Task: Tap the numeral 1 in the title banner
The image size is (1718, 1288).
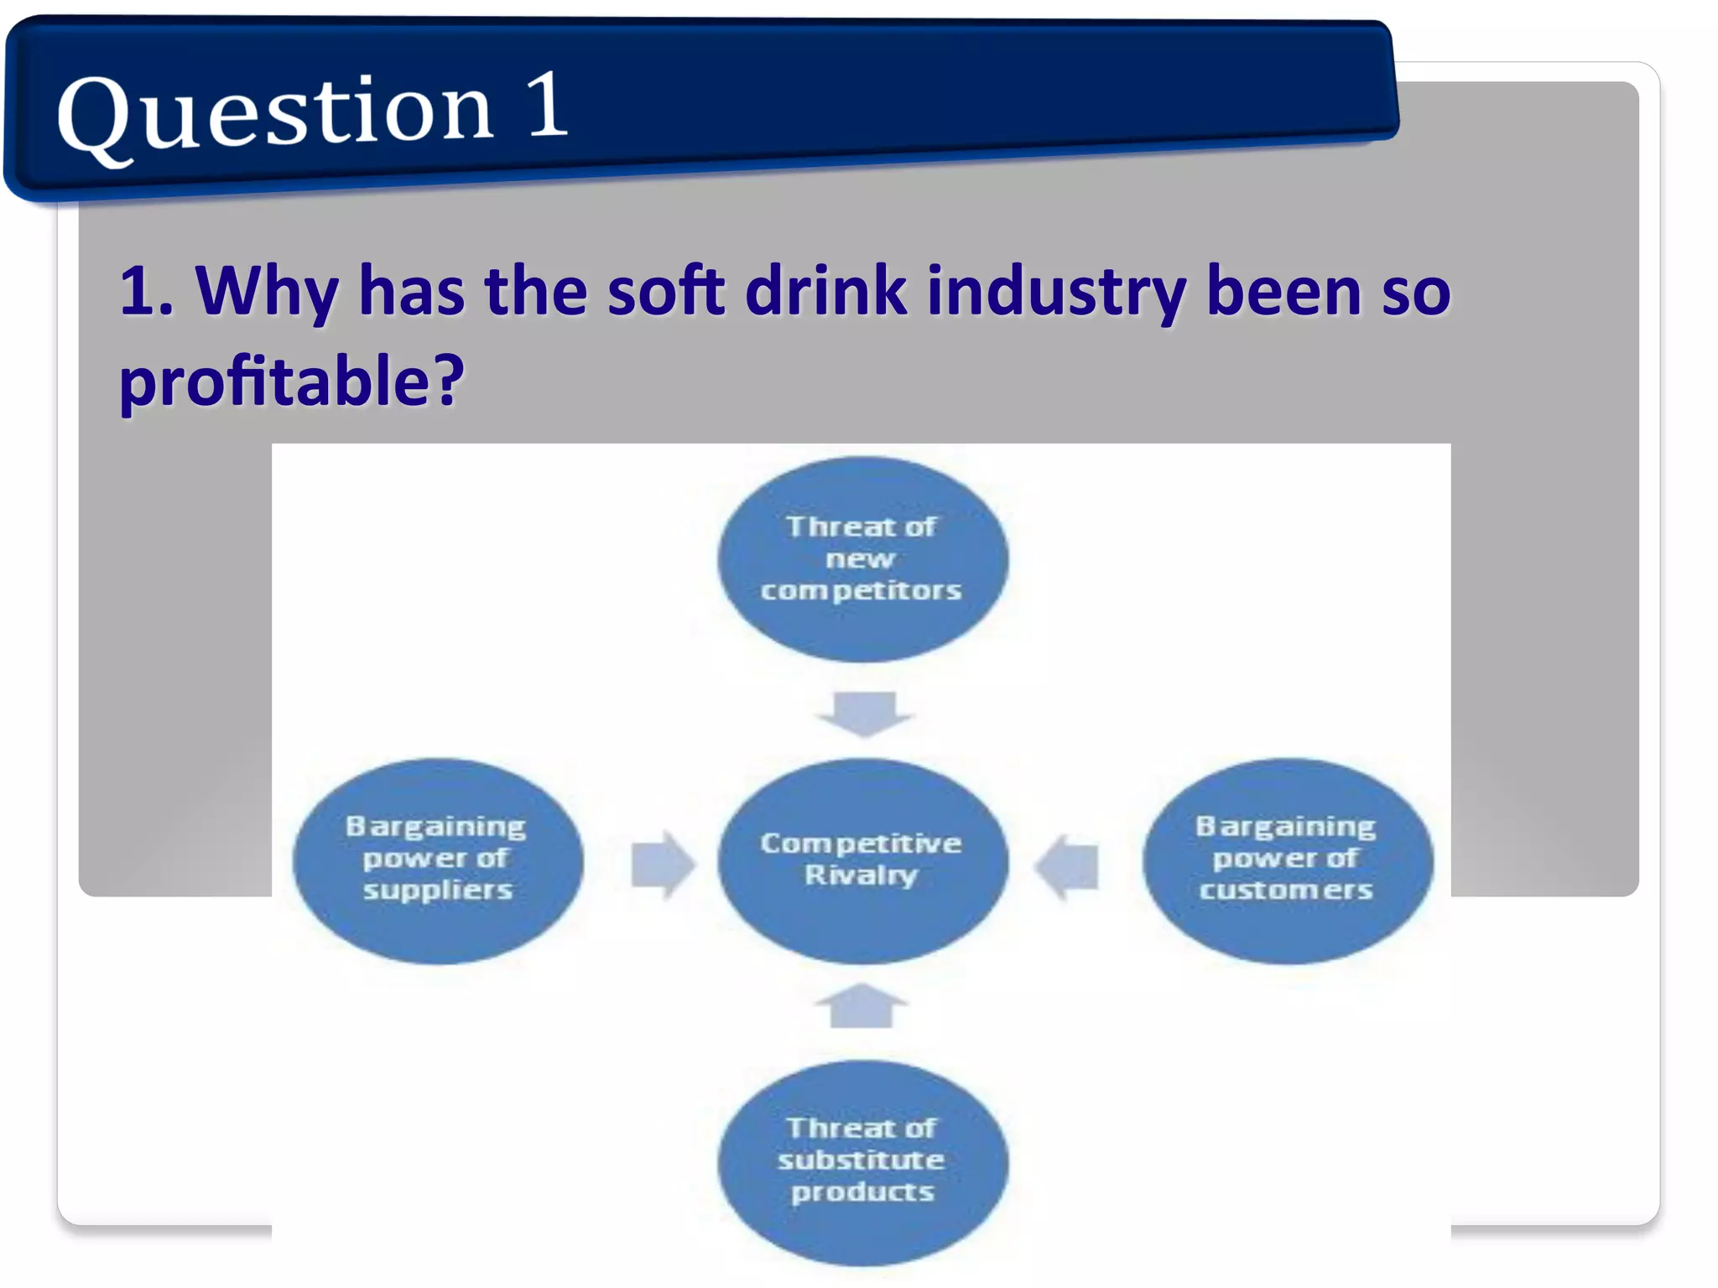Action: [x=547, y=105]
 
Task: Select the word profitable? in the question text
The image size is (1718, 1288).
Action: [x=292, y=382]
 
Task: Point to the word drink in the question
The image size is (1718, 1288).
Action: [x=825, y=292]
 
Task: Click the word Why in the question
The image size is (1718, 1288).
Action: [x=266, y=292]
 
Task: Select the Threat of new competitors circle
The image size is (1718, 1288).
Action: [x=862, y=559]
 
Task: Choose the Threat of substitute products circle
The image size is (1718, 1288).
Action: [x=862, y=1162]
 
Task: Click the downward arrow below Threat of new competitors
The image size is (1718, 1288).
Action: [x=864, y=714]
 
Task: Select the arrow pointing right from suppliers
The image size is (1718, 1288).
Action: [x=663, y=865]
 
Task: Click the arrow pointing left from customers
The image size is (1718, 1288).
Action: [x=1066, y=866]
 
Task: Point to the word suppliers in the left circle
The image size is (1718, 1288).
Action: [x=437, y=890]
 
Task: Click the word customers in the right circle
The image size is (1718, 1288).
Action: [x=1286, y=890]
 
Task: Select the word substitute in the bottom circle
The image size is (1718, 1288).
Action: [x=862, y=1161]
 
